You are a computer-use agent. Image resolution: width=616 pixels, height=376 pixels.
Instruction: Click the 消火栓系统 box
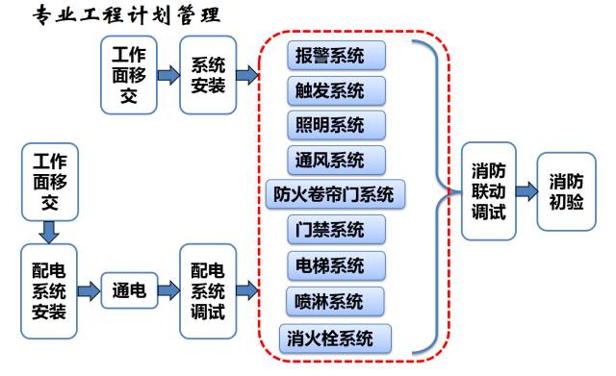pyautogui.click(x=336, y=338)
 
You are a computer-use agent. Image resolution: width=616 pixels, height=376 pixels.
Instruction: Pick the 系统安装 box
pyautogui.click(x=208, y=75)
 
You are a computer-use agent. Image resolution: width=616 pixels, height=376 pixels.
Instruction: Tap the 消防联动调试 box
pyautogui.click(x=488, y=191)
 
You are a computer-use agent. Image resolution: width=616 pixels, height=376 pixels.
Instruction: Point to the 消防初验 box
pyautogui.click(x=565, y=191)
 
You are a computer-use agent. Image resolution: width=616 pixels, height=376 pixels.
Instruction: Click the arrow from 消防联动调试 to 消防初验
pyautogui.click(x=526, y=191)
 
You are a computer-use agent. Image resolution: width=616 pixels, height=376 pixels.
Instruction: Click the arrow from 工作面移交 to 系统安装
pyautogui.click(x=167, y=75)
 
